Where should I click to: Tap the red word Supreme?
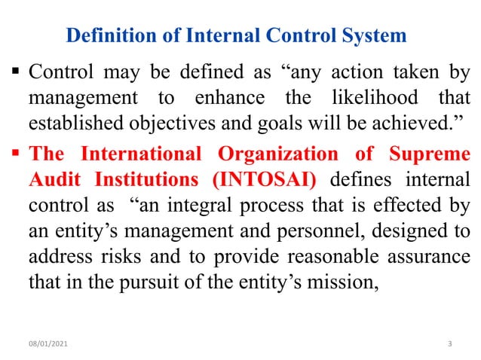[x=427, y=154]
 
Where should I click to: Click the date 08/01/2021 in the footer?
[x=44, y=344]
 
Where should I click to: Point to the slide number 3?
[x=449, y=344]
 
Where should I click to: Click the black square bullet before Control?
[x=15, y=74]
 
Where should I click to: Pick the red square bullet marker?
[x=15, y=155]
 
